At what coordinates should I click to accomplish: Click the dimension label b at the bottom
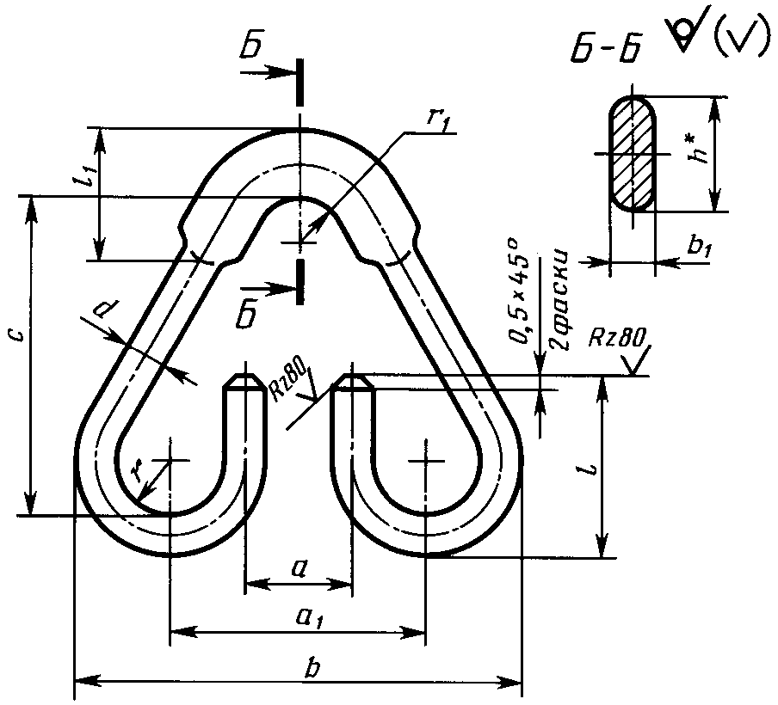tap(312, 668)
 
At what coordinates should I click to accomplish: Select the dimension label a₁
tap(310, 618)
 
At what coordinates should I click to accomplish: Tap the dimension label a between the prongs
tap(299, 570)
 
